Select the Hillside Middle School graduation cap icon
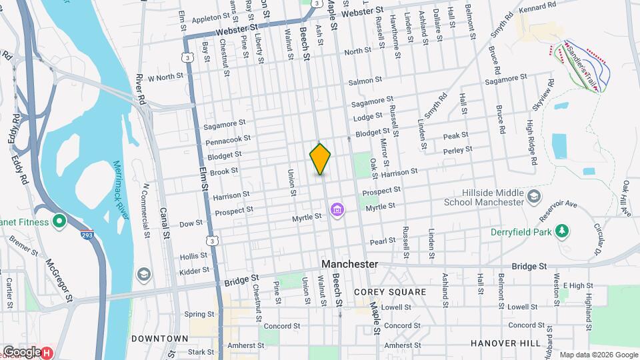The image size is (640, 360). point(533,196)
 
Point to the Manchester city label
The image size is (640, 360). point(349,264)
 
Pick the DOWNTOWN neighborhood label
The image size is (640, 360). point(159,339)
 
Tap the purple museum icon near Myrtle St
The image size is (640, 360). point(337,211)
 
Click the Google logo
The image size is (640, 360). point(21,351)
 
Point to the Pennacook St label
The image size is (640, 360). point(229,140)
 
